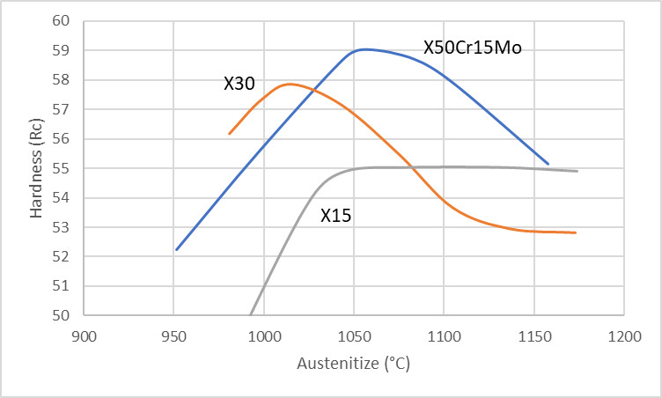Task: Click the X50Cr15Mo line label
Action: [473, 48]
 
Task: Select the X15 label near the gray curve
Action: [335, 215]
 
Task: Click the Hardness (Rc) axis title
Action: [35, 167]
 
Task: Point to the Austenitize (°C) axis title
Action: [353, 363]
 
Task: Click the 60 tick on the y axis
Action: [63, 21]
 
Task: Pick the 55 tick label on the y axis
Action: [63, 168]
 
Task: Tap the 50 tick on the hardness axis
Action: [63, 315]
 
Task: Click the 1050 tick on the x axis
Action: [353, 335]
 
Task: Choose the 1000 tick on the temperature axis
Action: [264, 335]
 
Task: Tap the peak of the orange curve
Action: [289, 84]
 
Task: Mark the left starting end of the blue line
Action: [177, 250]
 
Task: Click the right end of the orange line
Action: [575, 232]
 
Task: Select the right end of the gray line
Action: [577, 171]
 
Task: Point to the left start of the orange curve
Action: [229, 134]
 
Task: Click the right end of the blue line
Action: [548, 164]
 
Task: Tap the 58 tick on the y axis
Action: [63, 80]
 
